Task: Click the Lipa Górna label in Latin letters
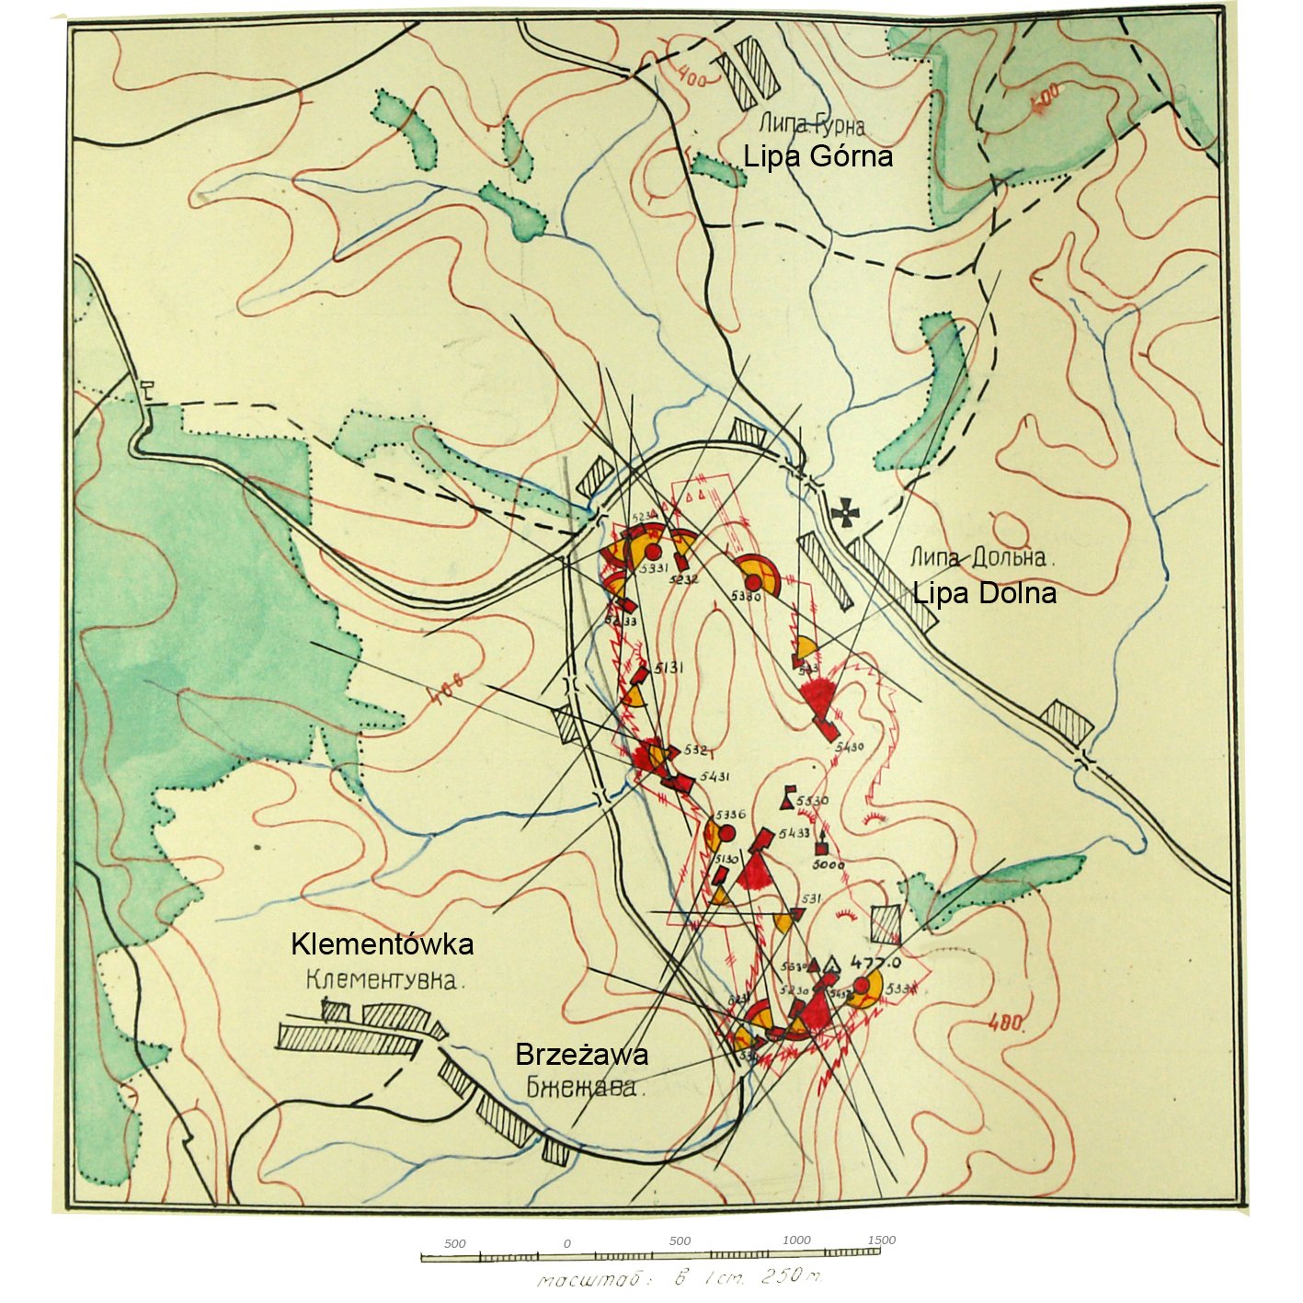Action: coord(817,156)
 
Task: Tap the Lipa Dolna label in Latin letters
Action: coord(984,593)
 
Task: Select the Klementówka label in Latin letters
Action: coord(382,943)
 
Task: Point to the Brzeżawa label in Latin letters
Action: coord(581,1054)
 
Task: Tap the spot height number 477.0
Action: coord(875,963)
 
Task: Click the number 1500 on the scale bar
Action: coord(881,1240)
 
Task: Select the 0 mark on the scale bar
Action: coord(567,1243)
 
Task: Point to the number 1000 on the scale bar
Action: coord(796,1240)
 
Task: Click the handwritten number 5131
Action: coord(669,668)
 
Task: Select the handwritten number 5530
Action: coord(812,800)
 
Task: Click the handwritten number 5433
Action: coord(794,833)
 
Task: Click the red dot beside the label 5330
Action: coord(753,581)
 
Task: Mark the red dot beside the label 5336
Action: coord(726,833)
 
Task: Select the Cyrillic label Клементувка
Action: coord(383,980)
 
